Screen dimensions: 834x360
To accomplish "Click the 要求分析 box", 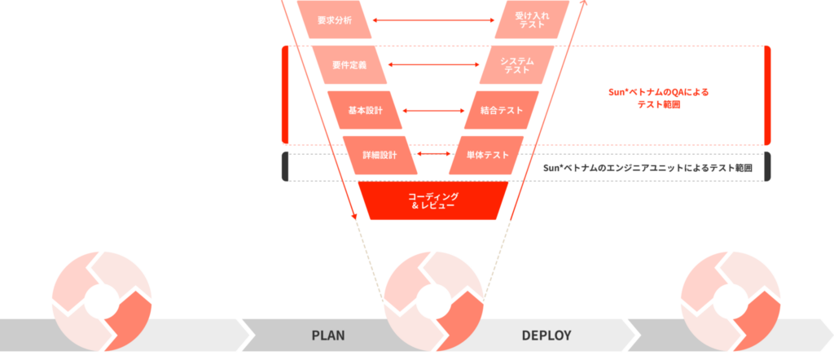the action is (x=334, y=20).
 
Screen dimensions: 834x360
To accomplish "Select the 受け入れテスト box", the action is (x=532, y=20).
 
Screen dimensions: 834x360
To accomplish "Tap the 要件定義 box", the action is (x=349, y=65).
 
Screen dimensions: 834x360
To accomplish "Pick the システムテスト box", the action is (x=516, y=65).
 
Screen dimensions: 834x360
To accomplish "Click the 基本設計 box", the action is (x=365, y=110).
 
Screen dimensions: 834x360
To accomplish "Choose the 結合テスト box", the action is (x=502, y=110).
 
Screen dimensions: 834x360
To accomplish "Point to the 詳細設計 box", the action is (x=380, y=156).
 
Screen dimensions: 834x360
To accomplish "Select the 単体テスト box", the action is (x=486, y=156).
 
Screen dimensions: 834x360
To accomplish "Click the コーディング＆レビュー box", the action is (x=433, y=200).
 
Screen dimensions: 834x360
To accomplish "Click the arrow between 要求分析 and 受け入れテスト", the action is (x=433, y=20).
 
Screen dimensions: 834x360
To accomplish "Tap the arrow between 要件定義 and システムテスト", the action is (x=433, y=65).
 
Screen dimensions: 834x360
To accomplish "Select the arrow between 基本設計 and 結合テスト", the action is (x=433, y=111).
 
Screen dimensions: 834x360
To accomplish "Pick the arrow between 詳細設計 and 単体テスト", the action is (x=433, y=154).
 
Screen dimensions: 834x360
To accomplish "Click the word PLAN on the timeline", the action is (x=328, y=336).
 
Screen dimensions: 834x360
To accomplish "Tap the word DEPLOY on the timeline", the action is (x=546, y=336).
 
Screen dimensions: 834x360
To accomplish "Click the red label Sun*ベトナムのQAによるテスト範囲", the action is (x=658, y=99).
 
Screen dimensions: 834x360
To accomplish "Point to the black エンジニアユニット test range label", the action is (x=647, y=168).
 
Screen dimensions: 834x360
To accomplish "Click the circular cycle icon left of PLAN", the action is (x=102, y=301).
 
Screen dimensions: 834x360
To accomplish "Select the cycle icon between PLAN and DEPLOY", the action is (x=433, y=301).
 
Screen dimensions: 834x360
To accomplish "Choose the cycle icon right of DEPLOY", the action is (x=731, y=301).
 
